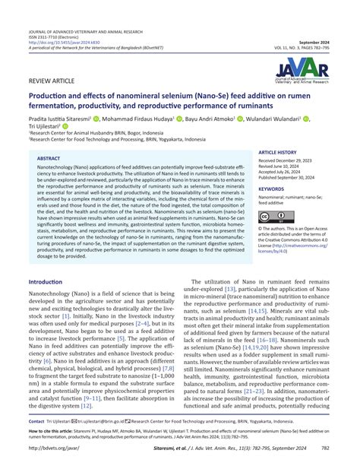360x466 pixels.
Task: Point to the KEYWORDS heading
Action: [271, 189]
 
